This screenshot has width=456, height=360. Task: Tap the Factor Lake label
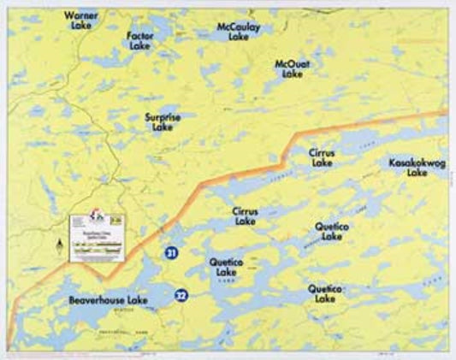(139, 41)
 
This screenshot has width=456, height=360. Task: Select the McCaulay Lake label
(239, 32)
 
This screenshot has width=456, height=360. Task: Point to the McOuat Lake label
(293, 69)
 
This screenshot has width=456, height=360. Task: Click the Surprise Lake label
(162, 122)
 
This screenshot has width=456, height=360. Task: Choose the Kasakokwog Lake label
(417, 167)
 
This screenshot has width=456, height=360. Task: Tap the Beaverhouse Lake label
(109, 300)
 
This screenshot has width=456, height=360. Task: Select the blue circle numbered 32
(181, 295)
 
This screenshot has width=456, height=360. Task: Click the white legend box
(97, 235)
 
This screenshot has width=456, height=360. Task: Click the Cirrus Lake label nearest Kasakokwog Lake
(323, 157)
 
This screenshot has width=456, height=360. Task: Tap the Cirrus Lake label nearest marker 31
(244, 215)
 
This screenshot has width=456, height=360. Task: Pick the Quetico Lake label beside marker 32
(227, 267)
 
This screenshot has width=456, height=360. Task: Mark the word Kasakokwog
(417, 162)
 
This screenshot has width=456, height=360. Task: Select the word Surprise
(162, 117)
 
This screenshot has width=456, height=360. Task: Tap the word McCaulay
(239, 27)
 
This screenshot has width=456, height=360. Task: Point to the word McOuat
(293, 64)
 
